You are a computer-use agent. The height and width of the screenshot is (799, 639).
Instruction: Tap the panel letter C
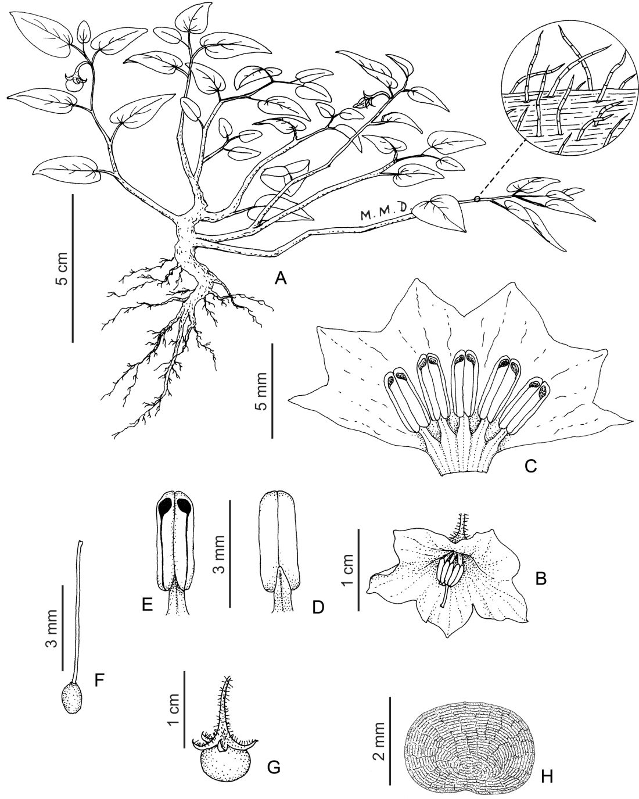click(531, 466)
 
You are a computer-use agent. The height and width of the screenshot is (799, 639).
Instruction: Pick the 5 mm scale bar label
click(262, 391)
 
